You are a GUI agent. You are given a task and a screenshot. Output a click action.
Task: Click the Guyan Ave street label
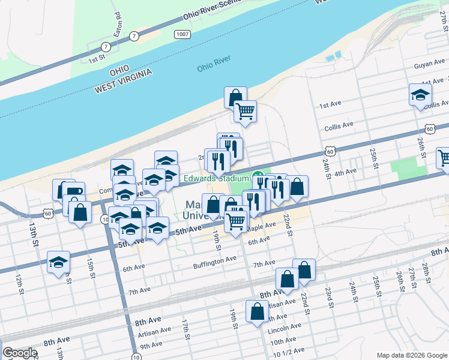(x=427, y=65)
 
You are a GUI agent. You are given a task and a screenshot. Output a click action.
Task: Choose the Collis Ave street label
(x=339, y=127)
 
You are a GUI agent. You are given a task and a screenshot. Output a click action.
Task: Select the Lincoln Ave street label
(x=286, y=327)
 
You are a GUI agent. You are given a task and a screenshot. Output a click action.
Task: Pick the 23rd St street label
(x=329, y=297)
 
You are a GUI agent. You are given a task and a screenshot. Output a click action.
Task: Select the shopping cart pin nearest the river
(x=244, y=110)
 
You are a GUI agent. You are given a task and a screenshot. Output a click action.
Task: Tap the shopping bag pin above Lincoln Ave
(x=258, y=311)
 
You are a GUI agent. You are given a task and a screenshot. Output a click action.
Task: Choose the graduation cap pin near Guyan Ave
(x=420, y=94)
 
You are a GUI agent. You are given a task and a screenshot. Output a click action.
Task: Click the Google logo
(x=20, y=353)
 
